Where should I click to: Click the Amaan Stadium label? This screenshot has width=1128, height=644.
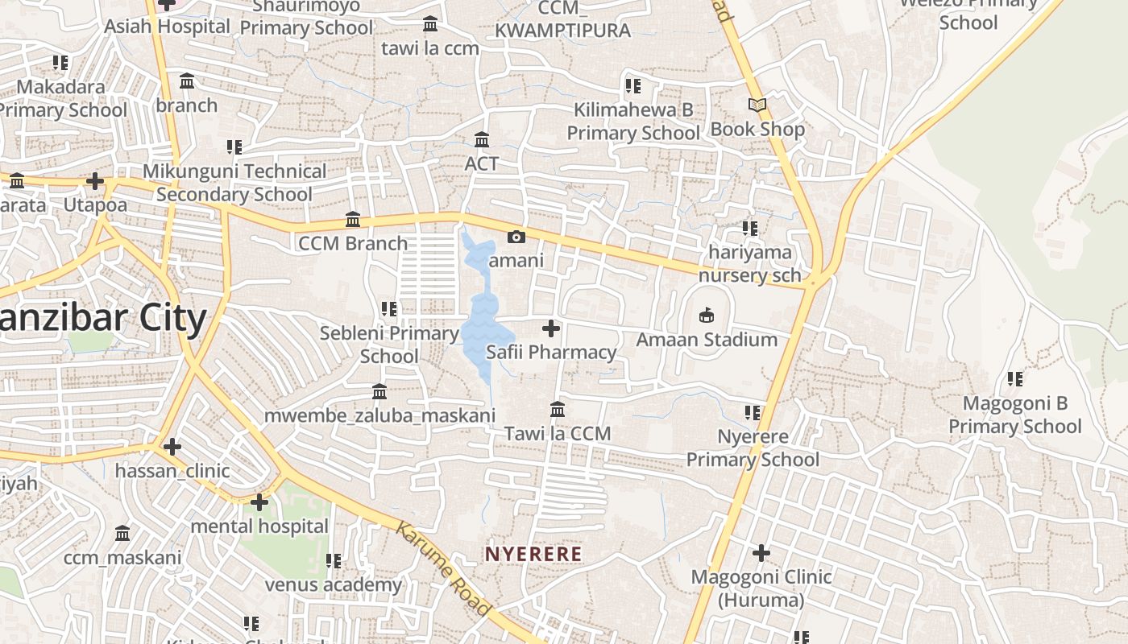click(x=707, y=340)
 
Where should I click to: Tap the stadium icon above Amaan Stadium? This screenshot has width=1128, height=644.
click(x=707, y=314)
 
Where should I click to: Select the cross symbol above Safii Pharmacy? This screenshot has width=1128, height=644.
click(x=551, y=328)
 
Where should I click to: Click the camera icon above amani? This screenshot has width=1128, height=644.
click(x=516, y=237)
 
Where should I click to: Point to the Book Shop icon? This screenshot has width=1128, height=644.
click(x=757, y=105)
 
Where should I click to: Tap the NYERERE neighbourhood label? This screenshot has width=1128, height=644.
click(x=533, y=554)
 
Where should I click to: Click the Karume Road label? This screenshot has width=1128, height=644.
click(x=443, y=568)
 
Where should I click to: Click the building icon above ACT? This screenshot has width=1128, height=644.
click(x=482, y=140)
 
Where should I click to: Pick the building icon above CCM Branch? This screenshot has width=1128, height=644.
click(x=353, y=220)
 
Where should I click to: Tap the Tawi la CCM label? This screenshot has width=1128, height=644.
click(x=558, y=434)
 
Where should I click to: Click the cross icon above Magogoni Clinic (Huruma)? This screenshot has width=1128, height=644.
click(x=761, y=553)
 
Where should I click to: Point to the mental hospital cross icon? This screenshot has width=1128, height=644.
click(x=259, y=502)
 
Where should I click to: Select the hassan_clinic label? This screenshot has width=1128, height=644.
click(x=172, y=471)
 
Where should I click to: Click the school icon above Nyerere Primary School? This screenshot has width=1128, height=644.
click(x=753, y=413)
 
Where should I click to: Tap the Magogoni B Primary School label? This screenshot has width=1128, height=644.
click(x=1014, y=415)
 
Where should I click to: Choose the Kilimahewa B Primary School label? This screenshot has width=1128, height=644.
click(x=633, y=121)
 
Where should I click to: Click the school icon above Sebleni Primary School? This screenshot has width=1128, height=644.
click(x=389, y=309)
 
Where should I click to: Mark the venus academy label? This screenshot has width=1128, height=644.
click(x=334, y=584)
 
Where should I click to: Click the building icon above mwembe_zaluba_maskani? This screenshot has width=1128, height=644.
click(x=379, y=392)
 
